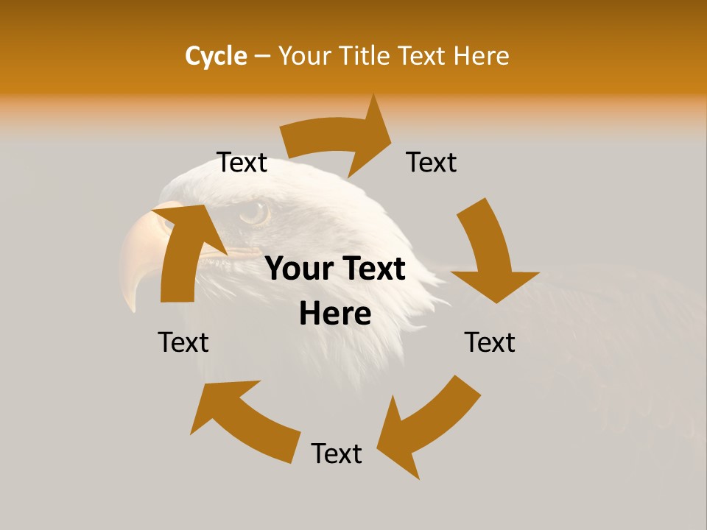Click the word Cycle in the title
[216, 56]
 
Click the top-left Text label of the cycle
[242, 163]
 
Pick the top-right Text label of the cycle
[432, 163]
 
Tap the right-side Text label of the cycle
[490, 342]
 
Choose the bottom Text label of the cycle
[337, 453]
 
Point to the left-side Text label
[183, 342]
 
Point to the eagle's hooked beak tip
[131, 303]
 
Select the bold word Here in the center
[335, 314]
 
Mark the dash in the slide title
[262, 56]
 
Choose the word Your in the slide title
[305, 56]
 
